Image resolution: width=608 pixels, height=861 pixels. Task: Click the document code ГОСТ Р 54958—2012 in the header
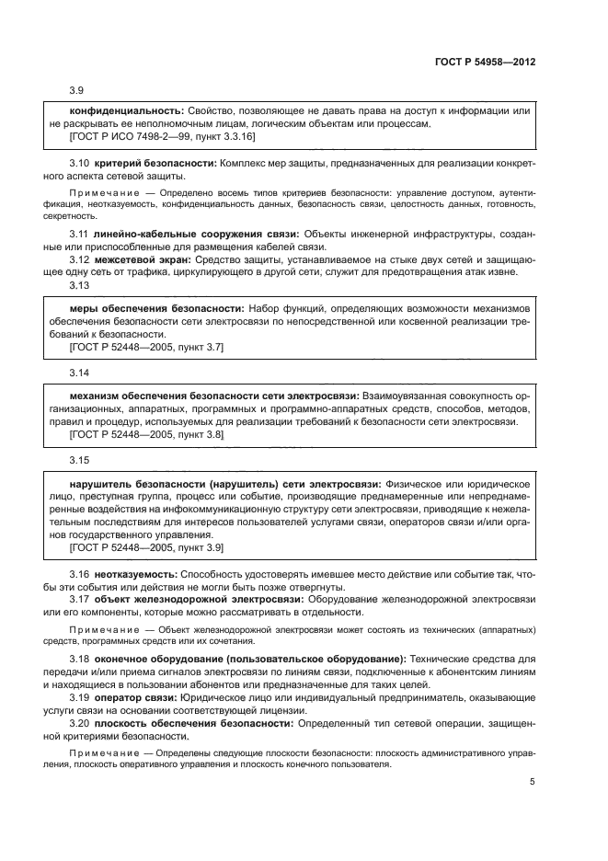[x=484, y=62]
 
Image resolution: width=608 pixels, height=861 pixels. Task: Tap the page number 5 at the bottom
[x=533, y=782]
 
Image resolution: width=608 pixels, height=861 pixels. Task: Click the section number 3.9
[x=77, y=90]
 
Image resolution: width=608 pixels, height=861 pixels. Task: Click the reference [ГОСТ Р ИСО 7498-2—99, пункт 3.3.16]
[x=162, y=136]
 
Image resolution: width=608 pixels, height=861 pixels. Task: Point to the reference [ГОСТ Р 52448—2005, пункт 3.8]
[x=146, y=434]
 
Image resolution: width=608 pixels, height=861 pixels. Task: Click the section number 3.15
[x=79, y=460]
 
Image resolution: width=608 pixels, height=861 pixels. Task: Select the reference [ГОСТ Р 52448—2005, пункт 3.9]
[x=146, y=547]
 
